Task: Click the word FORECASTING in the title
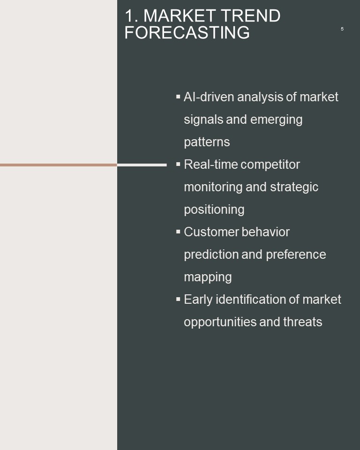coord(187,32)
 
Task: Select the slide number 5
coord(342,29)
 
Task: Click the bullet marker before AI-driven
coord(178,97)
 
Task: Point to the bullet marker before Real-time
coord(178,164)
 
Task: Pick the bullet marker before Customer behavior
coord(178,232)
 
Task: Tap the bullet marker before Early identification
coord(178,299)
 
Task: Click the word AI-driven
coord(209,97)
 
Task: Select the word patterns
coord(207,142)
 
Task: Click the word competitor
coord(270,165)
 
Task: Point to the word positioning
coord(214,210)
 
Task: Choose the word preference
coord(296,254)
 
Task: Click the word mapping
coord(208,277)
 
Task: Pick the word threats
coord(303,322)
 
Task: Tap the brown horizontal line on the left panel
coord(59,165)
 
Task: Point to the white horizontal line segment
coord(142,165)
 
